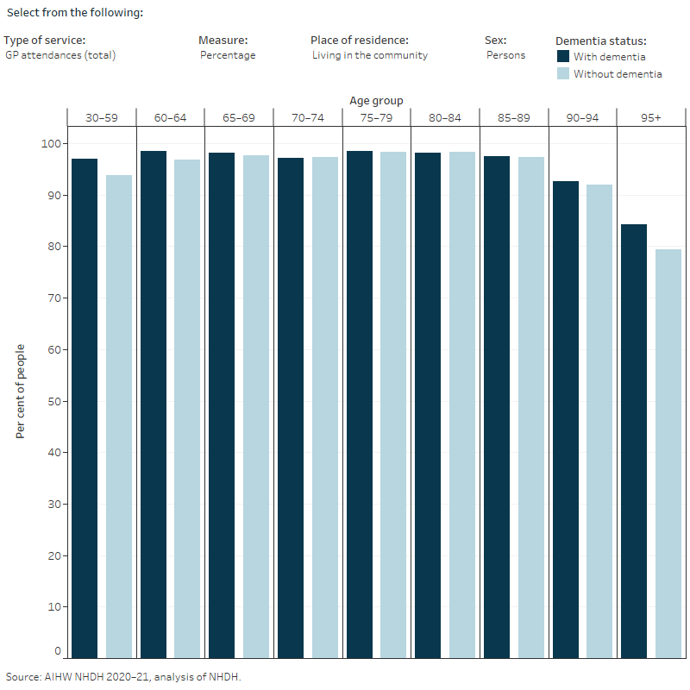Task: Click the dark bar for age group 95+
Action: pyautogui.click(x=634, y=441)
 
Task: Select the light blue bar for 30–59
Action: pyautogui.click(x=119, y=417)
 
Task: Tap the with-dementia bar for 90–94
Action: pyautogui.click(x=566, y=419)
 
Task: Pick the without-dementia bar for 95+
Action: pyautogui.click(x=668, y=454)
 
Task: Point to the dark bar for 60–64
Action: pyautogui.click(x=154, y=405)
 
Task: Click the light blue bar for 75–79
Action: pyautogui.click(x=393, y=405)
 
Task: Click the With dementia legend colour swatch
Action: pyautogui.click(x=563, y=56)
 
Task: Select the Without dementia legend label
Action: pyautogui.click(x=618, y=74)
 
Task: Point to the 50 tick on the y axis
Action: pyautogui.click(x=54, y=401)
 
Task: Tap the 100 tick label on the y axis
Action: pyautogui.click(x=51, y=143)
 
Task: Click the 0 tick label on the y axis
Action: pyautogui.click(x=58, y=651)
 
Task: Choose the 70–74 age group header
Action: pyautogui.click(x=308, y=118)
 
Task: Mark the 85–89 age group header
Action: pyautogui.click(x=513, y=118)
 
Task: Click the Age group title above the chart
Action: pyautogui.click(x=376, y=101)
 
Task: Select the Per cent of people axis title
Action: pyautogui.click(x=20, y=392)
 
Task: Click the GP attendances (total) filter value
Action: pyautogui.click(x=60, y=55)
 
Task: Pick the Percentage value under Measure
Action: pyautogui.click(x=228, y=55)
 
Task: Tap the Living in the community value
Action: pyautogui.click(x=370, y=55)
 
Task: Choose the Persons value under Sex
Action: pyautogui.click(x=505, y=55)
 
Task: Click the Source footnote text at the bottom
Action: pyautogui.click(x=123, y=677)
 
